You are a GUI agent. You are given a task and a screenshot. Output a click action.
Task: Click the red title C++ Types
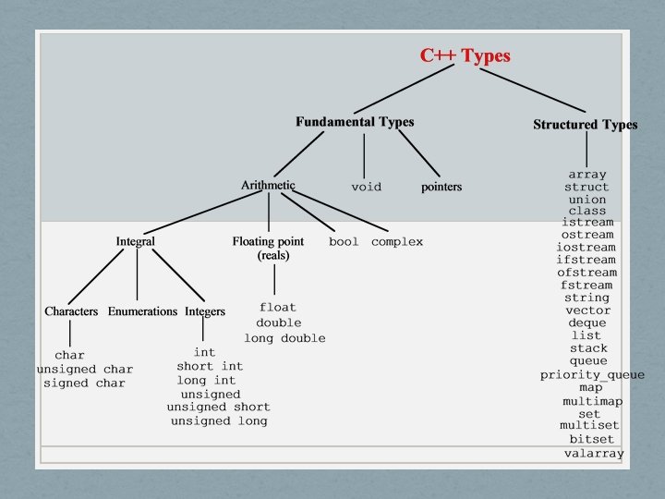point(465,55)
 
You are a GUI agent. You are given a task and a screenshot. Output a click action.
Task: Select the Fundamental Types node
point(355,122)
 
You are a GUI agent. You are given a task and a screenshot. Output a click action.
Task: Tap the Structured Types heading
point(585,125)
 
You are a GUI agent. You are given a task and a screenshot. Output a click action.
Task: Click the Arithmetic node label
point(268,186)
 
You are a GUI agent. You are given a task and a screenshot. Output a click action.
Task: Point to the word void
point(366,187)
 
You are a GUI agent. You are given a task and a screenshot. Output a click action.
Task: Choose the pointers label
point(441,187)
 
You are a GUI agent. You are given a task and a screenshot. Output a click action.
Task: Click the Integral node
point(135,241)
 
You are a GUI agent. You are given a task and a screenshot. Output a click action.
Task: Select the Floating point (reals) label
point(268,249)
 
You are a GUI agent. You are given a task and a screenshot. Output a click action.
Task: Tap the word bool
point(344,242)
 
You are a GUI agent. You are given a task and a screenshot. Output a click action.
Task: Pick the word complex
point(397,242)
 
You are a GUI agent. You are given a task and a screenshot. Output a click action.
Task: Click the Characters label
point(71,311)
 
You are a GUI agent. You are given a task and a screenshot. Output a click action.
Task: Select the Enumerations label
point(142,311)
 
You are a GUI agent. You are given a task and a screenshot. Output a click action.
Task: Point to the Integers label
point(205,311)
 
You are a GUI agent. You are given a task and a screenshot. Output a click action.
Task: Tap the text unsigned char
point(85,370)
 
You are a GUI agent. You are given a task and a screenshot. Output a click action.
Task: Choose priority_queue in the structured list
point(592,375)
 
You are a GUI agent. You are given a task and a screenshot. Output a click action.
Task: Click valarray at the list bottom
point(594,454)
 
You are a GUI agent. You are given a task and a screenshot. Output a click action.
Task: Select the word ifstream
point(586,261)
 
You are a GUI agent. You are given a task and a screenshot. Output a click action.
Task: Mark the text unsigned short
point(218,408)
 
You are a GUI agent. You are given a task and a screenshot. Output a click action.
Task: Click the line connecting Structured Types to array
point(586,150)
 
